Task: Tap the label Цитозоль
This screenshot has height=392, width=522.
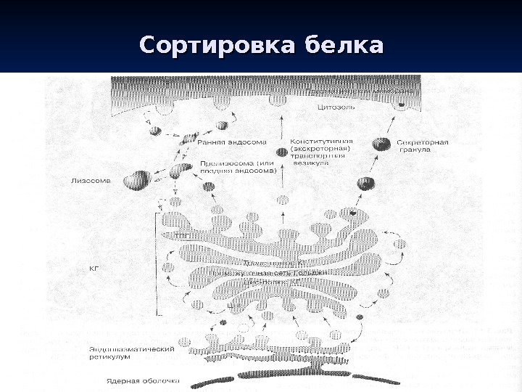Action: point(336,107)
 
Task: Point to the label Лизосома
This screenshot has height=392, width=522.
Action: point(91,181)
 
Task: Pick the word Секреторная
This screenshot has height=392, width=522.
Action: point(423,142)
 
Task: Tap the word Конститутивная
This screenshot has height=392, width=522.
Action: point(321,141)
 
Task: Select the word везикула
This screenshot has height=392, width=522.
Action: point(310,164)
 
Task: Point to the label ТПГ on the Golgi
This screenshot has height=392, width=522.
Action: point(183,235)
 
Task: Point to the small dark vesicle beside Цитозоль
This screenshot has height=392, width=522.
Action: point(400,106)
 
